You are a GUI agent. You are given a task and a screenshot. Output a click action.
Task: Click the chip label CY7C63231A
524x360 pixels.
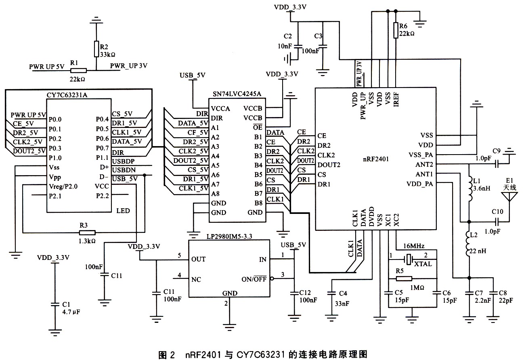click(x=67, y=95)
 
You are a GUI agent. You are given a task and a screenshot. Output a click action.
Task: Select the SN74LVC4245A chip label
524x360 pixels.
click(x=237, y=94)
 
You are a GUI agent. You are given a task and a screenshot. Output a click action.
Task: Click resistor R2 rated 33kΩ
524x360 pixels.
click(x=96, y=49)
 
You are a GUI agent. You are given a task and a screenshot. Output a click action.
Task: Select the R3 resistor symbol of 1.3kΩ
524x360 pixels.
click(x=88, y=232)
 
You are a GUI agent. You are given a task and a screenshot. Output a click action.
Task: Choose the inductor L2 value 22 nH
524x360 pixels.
click(x=479, y=251)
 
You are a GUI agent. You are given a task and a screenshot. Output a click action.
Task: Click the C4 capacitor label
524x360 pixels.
click(x=344, y=293)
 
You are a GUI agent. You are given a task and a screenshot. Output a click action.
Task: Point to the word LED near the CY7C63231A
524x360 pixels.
click(x=123, y=211)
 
